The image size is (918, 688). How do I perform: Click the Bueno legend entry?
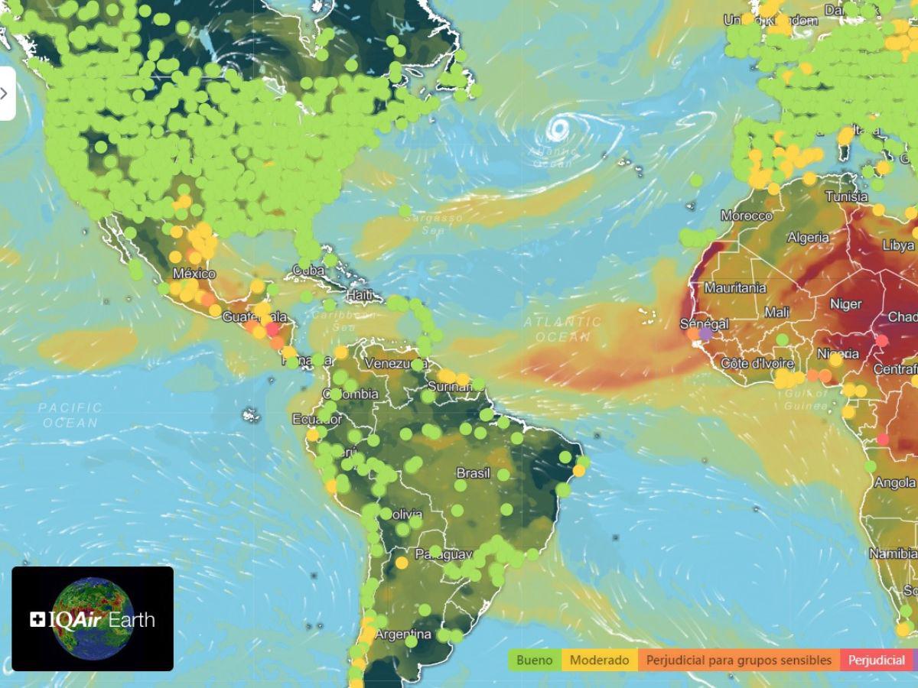tap(535, 660)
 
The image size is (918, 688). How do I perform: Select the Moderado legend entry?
tap(600, 660)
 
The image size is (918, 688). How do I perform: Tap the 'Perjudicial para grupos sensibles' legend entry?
tap(738, 660)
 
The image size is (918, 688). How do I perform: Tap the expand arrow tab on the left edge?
tap(6, 93)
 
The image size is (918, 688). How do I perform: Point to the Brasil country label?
tap(473, 473)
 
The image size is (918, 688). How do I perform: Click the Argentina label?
tap(403, 634)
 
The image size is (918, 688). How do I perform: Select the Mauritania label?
tap(734, 288)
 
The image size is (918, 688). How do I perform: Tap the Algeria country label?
tap(808, 237)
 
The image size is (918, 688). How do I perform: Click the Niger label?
tap(845, 304)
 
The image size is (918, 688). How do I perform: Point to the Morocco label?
tap(746, 216)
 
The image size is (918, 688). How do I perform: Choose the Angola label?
tap(894, 483)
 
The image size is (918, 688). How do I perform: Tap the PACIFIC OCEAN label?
tap(70, 415)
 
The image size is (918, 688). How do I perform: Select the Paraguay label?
tap(439, 553)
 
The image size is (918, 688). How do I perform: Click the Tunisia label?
tap(847, 196)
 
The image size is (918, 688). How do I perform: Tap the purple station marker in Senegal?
tap(705, 333)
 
